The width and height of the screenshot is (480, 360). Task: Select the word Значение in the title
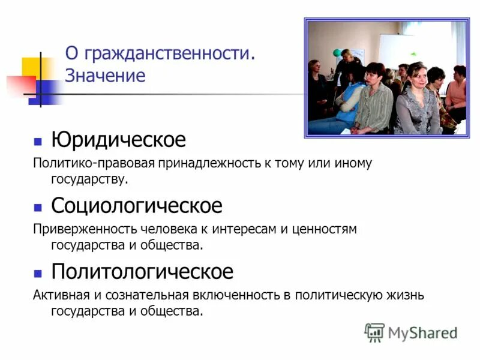(x=105, y=76)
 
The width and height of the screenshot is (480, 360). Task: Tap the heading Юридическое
(x=118, y=140)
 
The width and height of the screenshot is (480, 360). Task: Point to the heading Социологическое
(x=136, y=206)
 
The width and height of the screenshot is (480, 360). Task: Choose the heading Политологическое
(x=142, y=272)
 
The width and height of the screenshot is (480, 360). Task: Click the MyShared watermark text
(x=422, y=332)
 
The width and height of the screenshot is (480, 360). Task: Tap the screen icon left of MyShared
(x=374, y=332)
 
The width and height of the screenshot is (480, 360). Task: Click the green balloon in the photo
(x=346, y=53)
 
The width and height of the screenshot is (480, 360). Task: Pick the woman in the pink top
(x=457, y=90)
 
